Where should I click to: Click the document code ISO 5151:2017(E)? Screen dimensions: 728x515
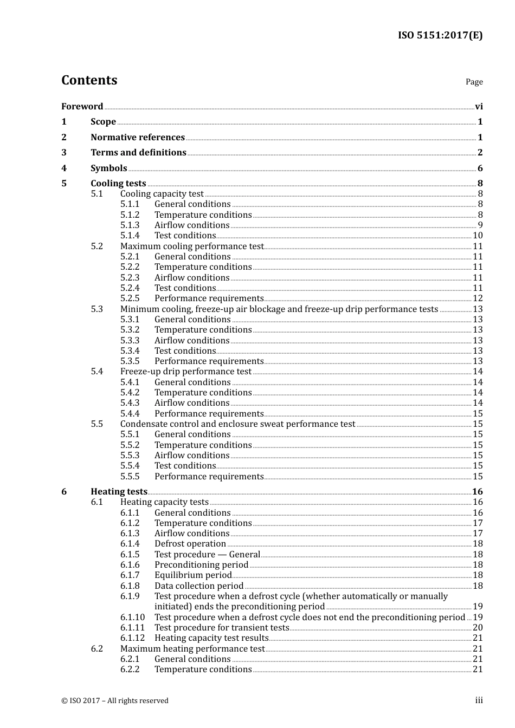click(x=440, y=36)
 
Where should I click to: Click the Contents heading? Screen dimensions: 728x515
click(x=89, y=80)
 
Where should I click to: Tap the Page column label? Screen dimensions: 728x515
click(x=474, y=82)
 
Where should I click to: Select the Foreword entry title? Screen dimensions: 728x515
click(x=82, y=107)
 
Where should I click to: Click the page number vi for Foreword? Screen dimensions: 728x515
click(x=479, y=107)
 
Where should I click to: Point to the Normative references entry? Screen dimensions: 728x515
click(x=137, y=138)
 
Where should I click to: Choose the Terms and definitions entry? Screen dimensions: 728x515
click(x=138, y=153)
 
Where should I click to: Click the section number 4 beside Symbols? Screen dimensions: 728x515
click(x=64, y=168)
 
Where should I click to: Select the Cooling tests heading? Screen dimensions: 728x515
click(x=118, y=184)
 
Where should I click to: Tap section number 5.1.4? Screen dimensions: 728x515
click(x=130, y=236)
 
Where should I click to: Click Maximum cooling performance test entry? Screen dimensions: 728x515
click(x=192, y=246)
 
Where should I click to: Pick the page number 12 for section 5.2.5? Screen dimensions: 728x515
click(x=478, y=298)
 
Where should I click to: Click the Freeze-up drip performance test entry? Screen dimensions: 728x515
click(x=185, y=372)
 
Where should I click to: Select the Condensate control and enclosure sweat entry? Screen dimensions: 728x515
click(x=237, y=424)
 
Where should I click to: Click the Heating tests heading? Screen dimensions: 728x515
click(x=119, y=492)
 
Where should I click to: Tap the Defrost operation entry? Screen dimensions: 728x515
click(x=190, y=544)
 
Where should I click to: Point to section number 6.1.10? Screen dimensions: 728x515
click(x=132, y=617)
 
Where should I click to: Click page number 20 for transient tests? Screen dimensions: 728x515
click(x=478, y=628)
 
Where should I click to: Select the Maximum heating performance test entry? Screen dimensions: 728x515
click(x=192, y=649)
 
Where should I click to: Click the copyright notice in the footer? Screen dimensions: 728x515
click(x=115, y=701)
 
